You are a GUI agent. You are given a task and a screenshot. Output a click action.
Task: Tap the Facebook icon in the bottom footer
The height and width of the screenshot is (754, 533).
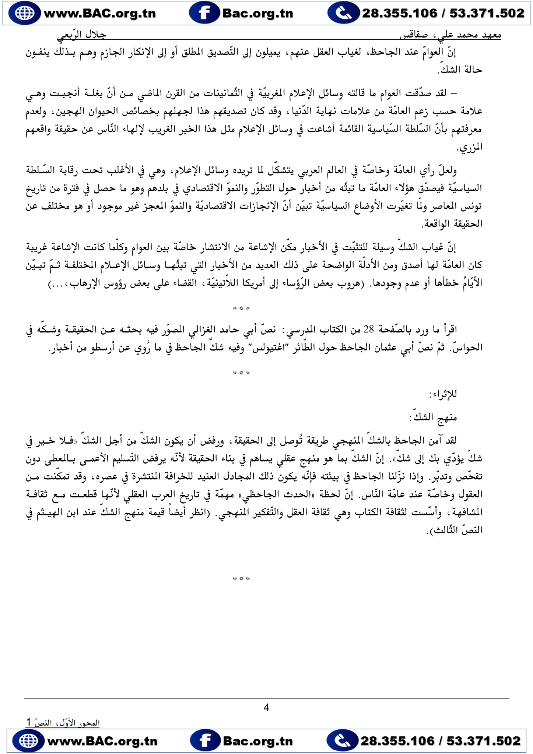coord(204,740)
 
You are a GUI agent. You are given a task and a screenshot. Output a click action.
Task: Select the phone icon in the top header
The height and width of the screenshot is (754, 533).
coord(343,13)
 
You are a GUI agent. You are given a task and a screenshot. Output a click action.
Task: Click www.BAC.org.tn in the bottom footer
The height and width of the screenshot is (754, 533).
coord(102,740)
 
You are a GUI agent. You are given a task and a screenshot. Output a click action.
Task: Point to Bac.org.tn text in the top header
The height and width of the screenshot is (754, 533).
coord(258,13)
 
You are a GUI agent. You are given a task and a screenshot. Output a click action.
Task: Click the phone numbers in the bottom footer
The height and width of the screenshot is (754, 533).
coord(441,740)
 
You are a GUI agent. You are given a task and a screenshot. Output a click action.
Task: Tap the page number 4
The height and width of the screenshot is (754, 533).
coord(266,708)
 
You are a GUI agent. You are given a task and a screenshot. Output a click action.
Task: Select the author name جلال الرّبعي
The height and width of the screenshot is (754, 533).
coord(81,35)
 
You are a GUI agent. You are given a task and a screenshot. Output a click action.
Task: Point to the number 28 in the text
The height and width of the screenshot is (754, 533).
coord(369,329)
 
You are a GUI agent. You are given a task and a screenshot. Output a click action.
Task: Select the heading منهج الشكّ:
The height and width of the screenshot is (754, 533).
coord(433,417)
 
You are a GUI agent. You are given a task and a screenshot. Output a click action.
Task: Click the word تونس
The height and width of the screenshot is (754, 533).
coord(473,206)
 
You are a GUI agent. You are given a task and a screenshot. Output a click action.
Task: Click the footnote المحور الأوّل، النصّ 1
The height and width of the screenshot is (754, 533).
coord(63,723)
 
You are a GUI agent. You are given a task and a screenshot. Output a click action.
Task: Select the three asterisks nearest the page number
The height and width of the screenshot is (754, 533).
coord(241,579)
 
